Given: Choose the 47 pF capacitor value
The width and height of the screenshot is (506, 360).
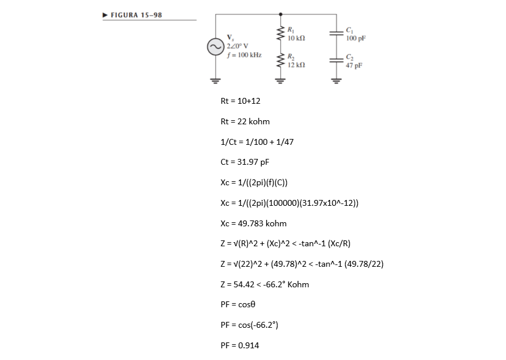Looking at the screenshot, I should [354, 66].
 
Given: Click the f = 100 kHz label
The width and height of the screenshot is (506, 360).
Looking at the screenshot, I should [243, 55].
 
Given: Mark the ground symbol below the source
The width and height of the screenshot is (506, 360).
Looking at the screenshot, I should [214, 80].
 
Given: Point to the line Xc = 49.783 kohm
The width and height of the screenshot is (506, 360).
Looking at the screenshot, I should [253, 223].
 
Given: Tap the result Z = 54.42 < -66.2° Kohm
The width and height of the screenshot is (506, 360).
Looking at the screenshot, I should [264, 284].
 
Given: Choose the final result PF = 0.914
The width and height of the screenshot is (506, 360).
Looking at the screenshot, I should [239, 345].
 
